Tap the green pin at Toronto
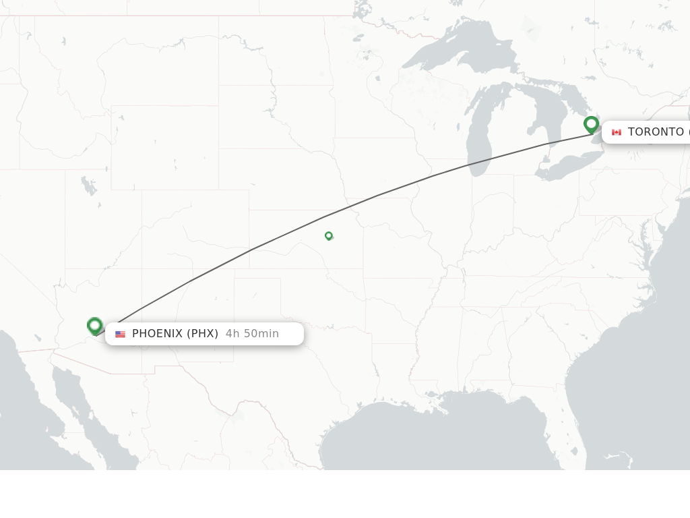(591, 124)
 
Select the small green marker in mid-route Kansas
(329, 235)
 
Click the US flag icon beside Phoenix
(121, 334)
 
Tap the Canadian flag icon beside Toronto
(616, 132)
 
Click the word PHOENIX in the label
(157, 334)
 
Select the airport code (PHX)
(202, 334)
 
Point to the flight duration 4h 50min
(252, 334)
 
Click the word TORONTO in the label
(655, 132)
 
